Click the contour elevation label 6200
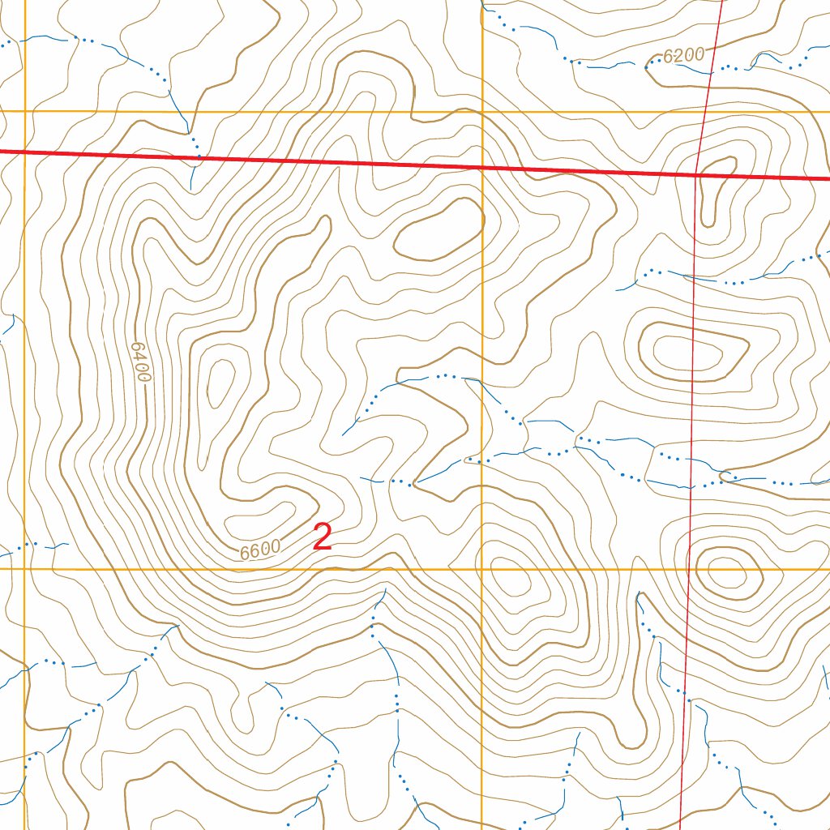683,56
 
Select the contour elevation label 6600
260,550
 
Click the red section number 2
323,537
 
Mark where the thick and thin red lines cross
698,173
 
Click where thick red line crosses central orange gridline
482,167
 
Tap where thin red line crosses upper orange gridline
704,112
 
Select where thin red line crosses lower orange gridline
687,569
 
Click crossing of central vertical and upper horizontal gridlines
482,112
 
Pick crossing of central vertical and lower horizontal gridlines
482,569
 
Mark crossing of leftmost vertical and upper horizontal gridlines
25,112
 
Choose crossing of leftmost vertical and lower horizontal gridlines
25,569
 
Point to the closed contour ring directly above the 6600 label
259,513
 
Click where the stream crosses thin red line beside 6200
709,70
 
